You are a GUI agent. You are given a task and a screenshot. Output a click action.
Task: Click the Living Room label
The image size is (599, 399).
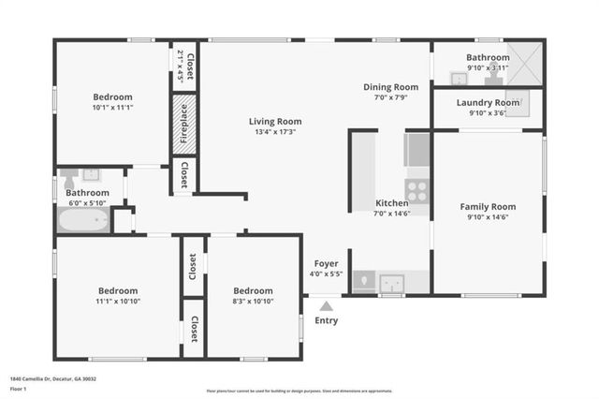(x=275, y=121)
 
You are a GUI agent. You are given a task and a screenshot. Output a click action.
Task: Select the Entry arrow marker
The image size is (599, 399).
(x=326, y=304)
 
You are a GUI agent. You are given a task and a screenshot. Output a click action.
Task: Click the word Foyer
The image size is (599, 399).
(x=327, y=263)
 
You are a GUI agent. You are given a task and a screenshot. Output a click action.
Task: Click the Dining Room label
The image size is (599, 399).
(x=390, y=87)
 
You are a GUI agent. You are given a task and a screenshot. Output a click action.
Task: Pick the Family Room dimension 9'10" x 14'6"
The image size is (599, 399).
(x=488, y=217)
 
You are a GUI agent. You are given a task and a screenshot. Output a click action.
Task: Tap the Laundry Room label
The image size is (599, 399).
(x=488, y=102)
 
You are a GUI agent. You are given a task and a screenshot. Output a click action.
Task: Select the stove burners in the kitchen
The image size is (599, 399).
(x=417, y=191)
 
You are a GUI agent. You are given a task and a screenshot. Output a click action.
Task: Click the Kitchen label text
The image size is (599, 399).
(x=392, y=203)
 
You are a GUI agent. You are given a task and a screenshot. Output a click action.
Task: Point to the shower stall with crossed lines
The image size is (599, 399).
(x=528, y=63)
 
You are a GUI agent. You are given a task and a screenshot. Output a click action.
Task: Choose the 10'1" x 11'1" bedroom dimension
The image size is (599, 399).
(x=112, y=108)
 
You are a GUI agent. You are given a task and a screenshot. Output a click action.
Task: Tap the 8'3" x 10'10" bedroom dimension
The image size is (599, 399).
(x=253, y=302)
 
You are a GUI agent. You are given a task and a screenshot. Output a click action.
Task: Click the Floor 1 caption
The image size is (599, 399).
(x=19, y=387)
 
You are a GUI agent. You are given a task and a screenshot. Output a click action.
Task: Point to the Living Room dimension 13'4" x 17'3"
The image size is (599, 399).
(x=275, y=132)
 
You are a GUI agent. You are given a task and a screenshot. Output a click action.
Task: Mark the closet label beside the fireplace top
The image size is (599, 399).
(x=190, y=66)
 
